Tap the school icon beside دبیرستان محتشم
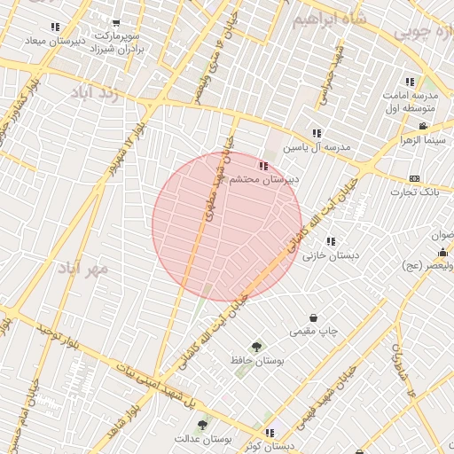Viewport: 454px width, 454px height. tap(262, 165)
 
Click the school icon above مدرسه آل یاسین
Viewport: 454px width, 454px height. tap(317, 134)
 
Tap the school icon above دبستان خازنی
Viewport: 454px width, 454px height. tap(331, 241)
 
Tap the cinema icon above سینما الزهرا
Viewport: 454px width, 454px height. tap(423, 126)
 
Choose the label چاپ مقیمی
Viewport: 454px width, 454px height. tap(313, 332)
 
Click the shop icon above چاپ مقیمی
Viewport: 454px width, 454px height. tap(313, 317)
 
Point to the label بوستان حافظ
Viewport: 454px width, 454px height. tap(257, 361)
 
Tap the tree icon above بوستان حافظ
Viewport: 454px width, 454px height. tap(257, 347)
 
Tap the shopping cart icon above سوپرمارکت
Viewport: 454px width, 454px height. tap(115, 24)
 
